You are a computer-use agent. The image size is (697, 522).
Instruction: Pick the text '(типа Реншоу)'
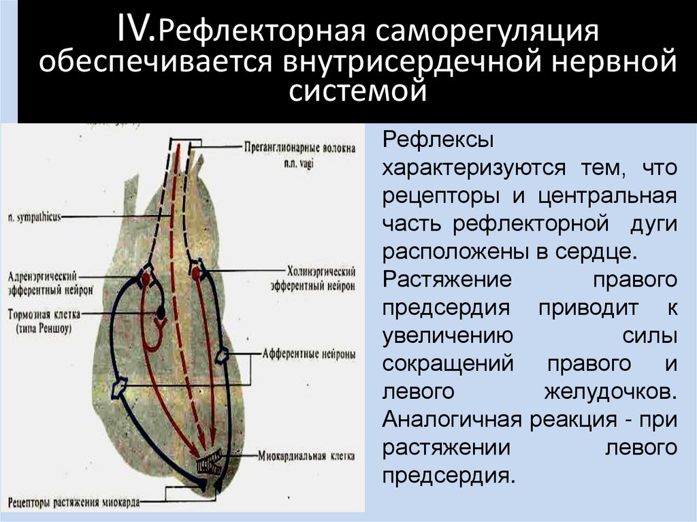(45, 327)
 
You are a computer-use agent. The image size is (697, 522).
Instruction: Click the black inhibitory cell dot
(161, 313)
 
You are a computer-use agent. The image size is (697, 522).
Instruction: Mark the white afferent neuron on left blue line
(120, 387)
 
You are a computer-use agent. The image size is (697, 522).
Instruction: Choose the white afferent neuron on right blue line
(223, 355)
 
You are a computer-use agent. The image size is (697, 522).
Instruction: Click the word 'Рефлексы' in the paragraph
(427, 140)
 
